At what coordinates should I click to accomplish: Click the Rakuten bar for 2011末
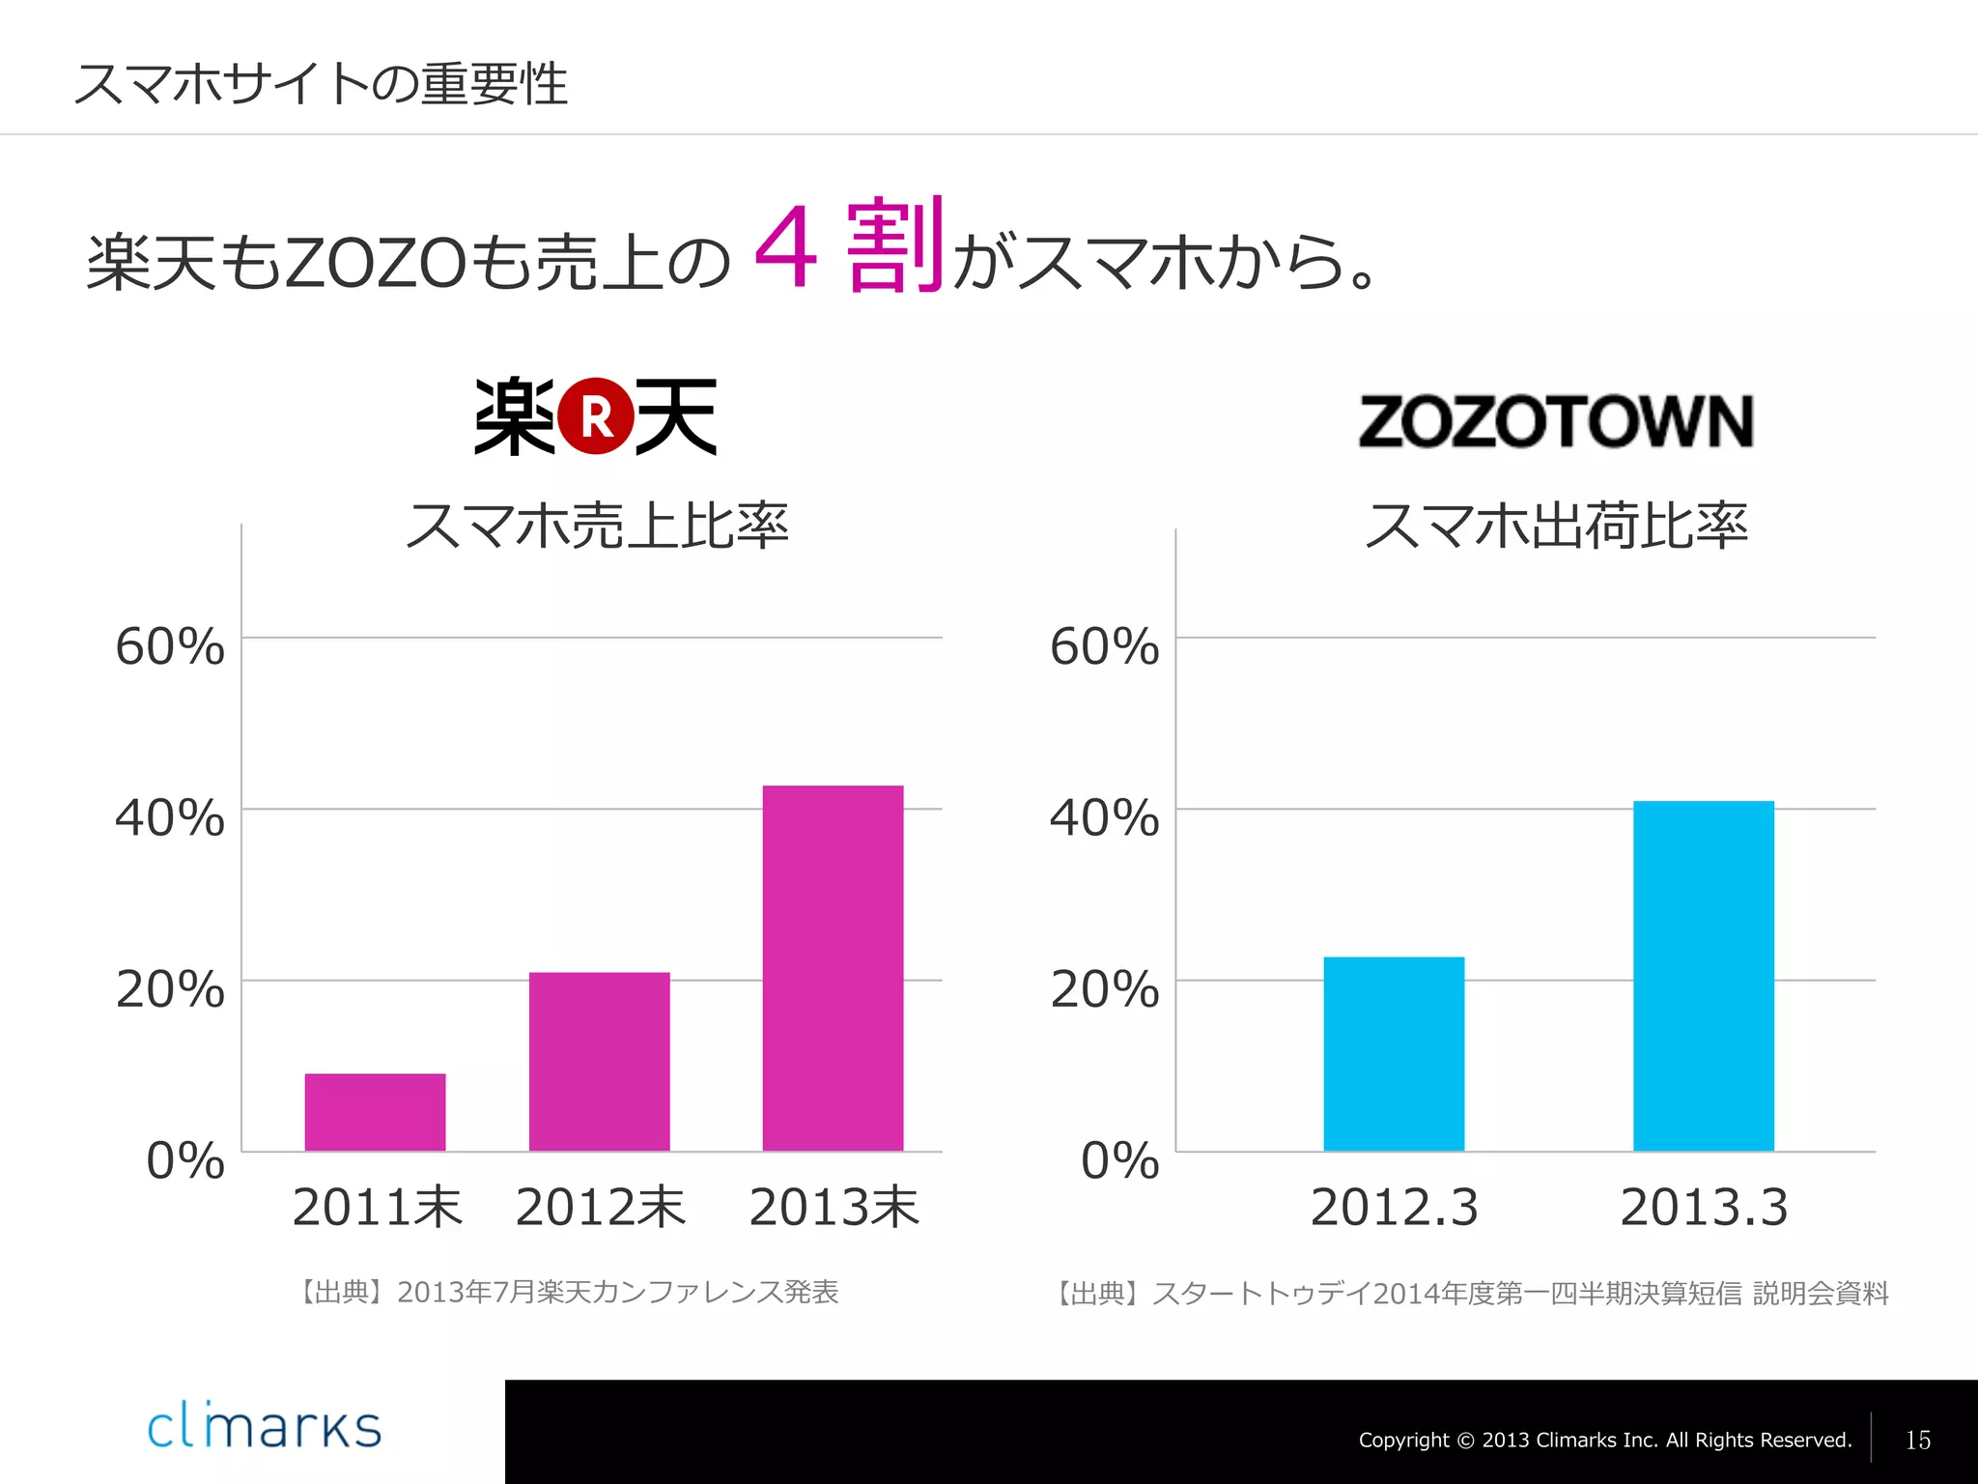[375, 1111]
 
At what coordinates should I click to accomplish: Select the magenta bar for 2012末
[599, 1061]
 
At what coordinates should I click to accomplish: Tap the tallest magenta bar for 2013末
[833, 967]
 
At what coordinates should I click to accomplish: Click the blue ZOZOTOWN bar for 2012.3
[1394, 1053]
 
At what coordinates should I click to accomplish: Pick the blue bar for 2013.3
[1704, 976]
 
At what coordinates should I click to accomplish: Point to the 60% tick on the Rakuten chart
[170, 646]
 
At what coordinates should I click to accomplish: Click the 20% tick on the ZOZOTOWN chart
[1104, 989]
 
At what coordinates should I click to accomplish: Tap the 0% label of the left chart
[185, 1160]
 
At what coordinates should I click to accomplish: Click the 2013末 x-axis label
[834, 1208]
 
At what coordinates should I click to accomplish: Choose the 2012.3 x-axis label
[1394, 1208]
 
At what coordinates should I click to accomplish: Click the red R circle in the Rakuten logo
[597, 416]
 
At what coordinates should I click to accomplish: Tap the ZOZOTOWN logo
[1555, 421]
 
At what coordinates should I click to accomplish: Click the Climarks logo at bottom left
[264, 1428]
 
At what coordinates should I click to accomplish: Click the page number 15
[1917, 1441]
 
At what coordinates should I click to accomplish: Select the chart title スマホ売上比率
[597, 527]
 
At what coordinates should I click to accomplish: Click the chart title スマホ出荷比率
[1555, 527]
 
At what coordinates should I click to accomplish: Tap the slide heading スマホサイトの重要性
[321, 84]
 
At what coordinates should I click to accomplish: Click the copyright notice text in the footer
[1604, 1441]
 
